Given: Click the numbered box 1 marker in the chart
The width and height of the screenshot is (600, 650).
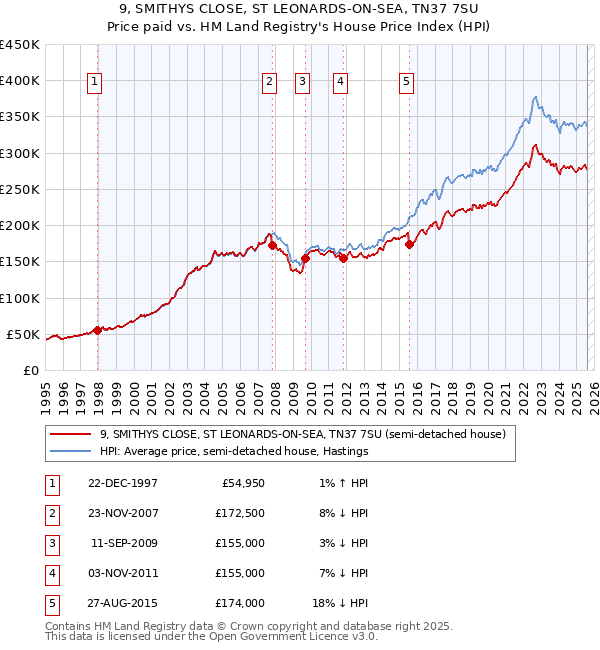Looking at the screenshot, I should click(x=94, y=83).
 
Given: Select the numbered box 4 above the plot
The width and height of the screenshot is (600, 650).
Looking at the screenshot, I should click(x=340, y=83).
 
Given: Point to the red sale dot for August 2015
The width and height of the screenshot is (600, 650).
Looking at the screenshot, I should click(x=409, y=244).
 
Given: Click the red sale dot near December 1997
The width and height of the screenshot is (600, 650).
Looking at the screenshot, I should click(x=97, y=330).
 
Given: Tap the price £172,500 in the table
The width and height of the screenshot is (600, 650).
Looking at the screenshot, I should click(x=240, y=514).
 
